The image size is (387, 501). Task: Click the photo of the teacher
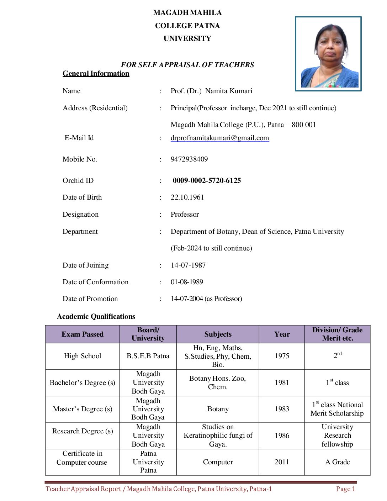[x=328, y=54]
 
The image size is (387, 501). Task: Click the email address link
[x=219, y=138]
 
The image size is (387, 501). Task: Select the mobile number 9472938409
[x=189, y=159]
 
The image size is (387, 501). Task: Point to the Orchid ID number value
[x=207, y=181]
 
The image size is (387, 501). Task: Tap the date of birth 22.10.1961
[x=187, y=197]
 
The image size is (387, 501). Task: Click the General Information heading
[x=96, y=74]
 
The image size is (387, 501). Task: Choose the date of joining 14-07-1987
[x=188, y=265]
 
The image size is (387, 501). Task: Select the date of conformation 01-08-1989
[x=187, y=282]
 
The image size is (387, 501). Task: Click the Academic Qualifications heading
[x=96, y=317]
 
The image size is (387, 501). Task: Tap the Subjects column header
[x=218, y=334]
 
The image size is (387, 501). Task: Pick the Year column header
[x=282, y=334]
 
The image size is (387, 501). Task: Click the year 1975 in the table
[x=282, y=356]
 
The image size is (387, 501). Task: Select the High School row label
[x=83, y=356]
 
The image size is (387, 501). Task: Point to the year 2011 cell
[x=282, y=462]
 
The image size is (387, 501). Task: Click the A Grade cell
[x=337, y=462]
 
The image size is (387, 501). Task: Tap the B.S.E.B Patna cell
[x=148, y=356]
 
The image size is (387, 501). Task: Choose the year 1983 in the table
[x=282, y=409]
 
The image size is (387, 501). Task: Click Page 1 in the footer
[x=345, y=489]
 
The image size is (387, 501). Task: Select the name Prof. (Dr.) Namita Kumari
[x=211, y=91]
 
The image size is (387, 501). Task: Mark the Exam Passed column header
[x=83, y=334]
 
